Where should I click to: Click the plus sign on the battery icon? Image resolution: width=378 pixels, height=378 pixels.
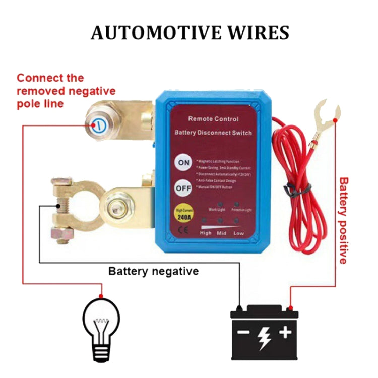pyautogui.click(x=285, y=332)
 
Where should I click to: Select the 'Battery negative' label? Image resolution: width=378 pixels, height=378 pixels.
pyautogui.click(x=153, y=271)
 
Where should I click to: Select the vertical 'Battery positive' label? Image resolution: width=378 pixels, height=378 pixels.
pyautogui.click(x=343, y=220)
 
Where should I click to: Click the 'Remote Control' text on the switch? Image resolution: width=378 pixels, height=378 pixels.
pyautogui.click(x=213, y=119)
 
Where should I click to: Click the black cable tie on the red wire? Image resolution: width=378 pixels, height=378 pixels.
pyautogui.click(x=291, y=191)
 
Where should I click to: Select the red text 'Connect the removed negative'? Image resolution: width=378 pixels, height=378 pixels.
pyautogui.click(x=66, y=85)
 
